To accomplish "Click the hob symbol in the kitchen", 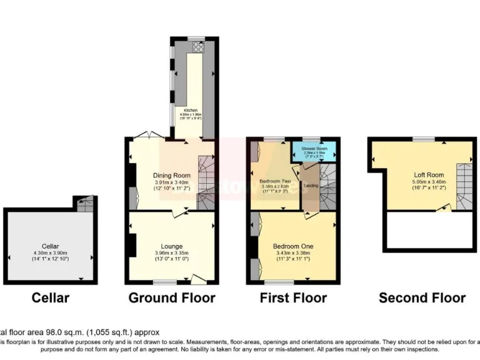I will pyautogui.click(x=197, y=45).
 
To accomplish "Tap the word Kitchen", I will pyautogui.click(x=191, y=111).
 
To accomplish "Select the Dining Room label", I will pyautogui.click(x=172, y=175).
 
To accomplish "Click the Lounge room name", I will pyautogui.click(x=172, y=246).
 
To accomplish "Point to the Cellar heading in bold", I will pyautogui.click(x=51, y=298).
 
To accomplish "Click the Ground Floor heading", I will pyautogui.click(x=172, y=298).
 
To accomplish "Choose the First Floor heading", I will pyautogui.click(x=293, y=298).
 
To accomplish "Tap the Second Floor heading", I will pyautogui.click(x=422, y=298).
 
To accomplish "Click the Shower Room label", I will pyautogui.click(x=315, y=149).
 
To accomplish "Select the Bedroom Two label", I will pyautogui.click(x=275, y=181).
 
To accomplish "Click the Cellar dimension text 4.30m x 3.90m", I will pyautogui.click(x=51, y=252).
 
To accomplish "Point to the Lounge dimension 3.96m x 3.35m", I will pyautogui.click(x=172, y=252).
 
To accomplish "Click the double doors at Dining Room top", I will pyautogui.click(x=148, y=136).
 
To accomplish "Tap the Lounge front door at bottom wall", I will pyautogui.click(x=199, y=279).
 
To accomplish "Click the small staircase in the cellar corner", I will pyautogui.click(x=85, y=203).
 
